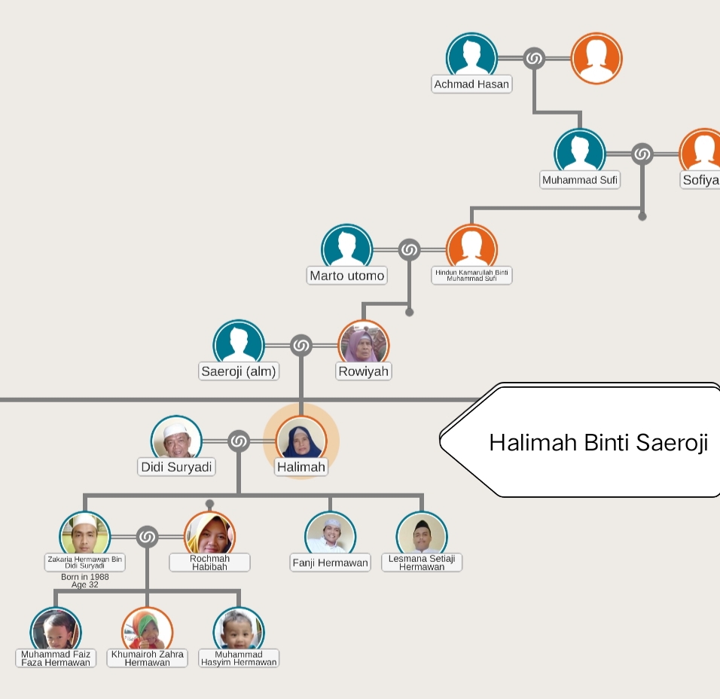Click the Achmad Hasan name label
(x=471, y=84)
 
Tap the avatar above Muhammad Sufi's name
(x=580, y=154)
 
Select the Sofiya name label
(x=700, y=180)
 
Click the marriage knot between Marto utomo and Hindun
(x=409, y=249)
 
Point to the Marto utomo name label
(x=347, y=276)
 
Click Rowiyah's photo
(x=364, y=345)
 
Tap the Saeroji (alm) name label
(x=239, y=371)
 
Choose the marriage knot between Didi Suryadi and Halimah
(x=239, y=441)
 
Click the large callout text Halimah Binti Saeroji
(x=599, y=442)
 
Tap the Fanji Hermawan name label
(x=330, y=563)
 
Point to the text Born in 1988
(x=84, y=577)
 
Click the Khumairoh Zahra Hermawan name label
(x=147, y=658)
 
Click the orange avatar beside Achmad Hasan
(x=596, y=58)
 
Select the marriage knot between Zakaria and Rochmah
(x=147, y=537)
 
